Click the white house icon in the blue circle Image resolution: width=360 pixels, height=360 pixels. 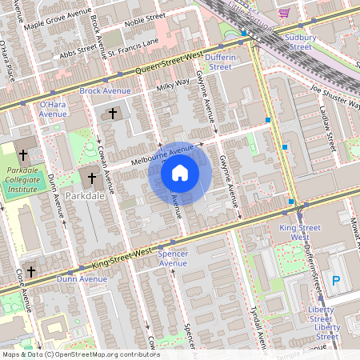[180, 172]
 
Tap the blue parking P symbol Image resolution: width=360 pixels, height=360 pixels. [336, 281]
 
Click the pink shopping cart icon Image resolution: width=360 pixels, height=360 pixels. [284, 13]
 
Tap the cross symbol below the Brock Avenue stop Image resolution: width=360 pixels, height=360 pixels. [113, 114]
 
